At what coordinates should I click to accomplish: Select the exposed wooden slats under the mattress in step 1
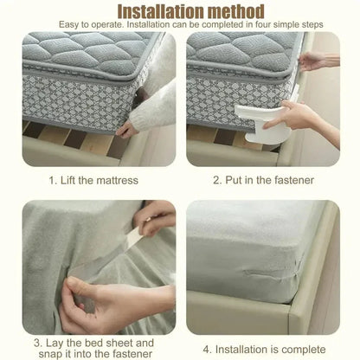(69, 143)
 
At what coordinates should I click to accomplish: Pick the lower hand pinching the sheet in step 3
(121, 299)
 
